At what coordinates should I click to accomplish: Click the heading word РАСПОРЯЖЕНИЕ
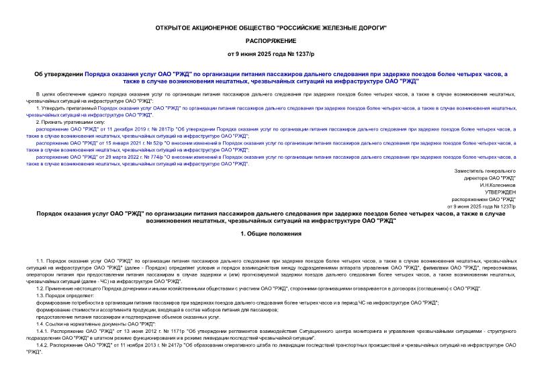point(271,40)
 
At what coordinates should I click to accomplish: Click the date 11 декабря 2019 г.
point(128,128)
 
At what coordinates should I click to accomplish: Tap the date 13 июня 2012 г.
point(134,331)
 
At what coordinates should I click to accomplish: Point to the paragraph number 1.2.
point(40,288)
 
